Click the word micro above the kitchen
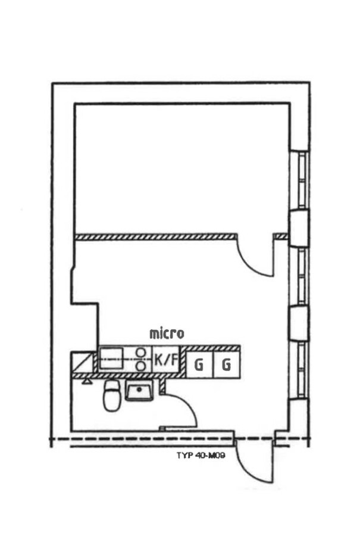click(167, 334)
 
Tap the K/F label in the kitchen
click(167, 360)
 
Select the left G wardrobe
click(199, 364)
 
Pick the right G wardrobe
click(227, 364)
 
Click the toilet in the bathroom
click(111, 395)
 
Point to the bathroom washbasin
click(139, 390)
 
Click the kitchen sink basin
click(111, 358)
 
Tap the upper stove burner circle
click(140, 353)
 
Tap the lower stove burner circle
click(140, 366)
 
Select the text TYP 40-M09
click(201, 456)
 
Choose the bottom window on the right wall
click(302, 370)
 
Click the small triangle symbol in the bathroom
click(87, 381)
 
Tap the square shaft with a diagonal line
click(82, 362)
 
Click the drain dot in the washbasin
click(139, 389)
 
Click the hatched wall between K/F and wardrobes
click(183, 362)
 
